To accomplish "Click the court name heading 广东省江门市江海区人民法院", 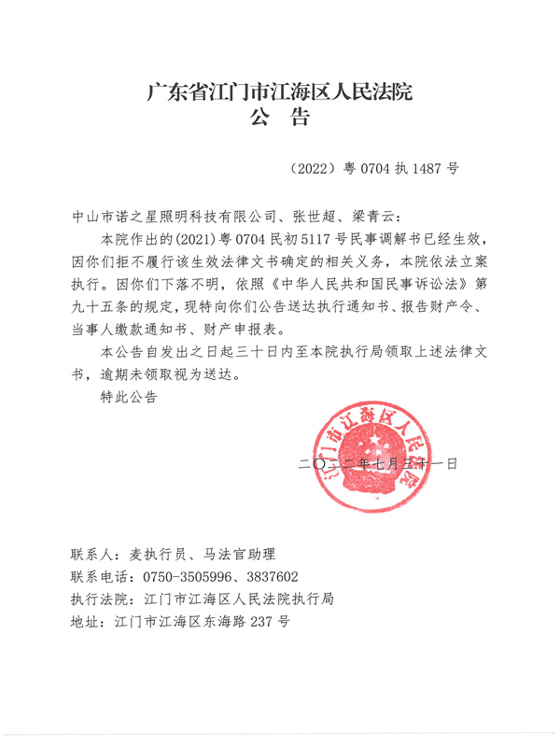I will tap(280, 92).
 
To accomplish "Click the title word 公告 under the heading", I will tap(280, 119).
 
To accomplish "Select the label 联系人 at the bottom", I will tap(93, 553).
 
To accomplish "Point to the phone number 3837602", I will tap(266, 576).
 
